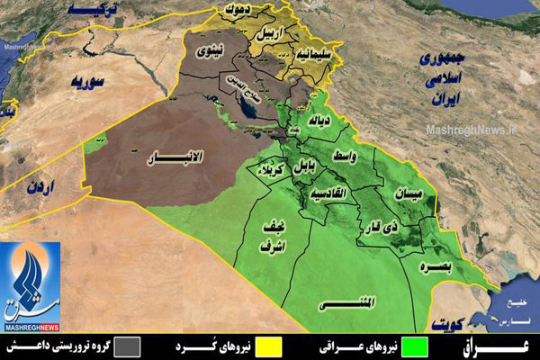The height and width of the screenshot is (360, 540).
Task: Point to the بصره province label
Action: pos(441,266)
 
